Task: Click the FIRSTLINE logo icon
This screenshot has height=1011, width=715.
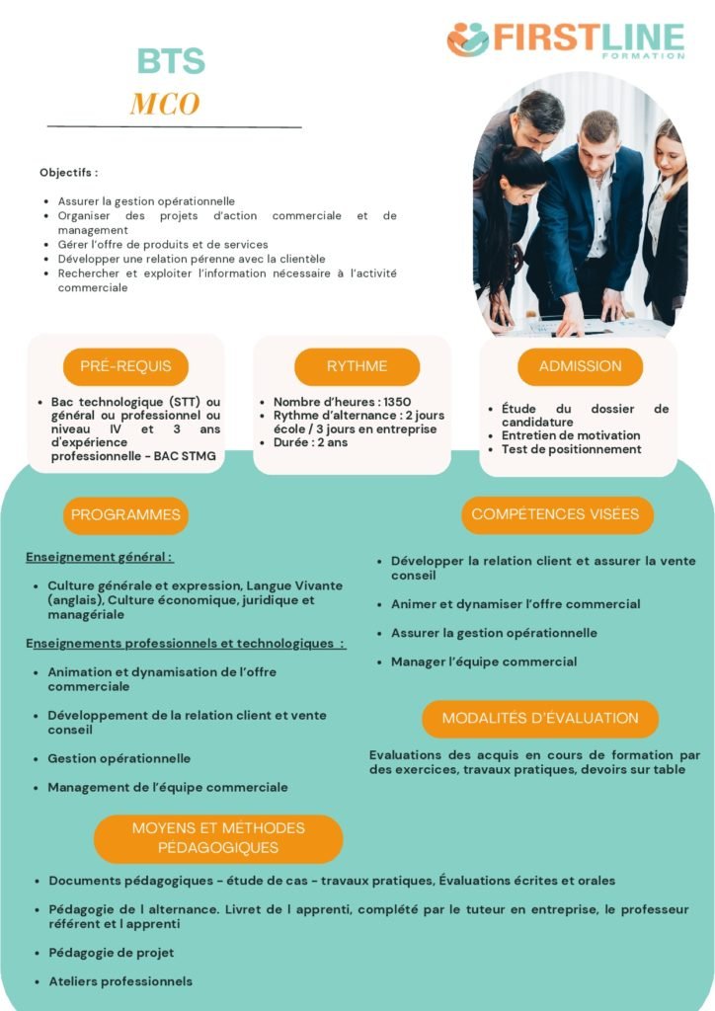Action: (x=468, y=39)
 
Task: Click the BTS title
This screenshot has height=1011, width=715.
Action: (x=171, y=61)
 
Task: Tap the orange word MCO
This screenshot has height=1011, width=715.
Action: (x=165, y=104)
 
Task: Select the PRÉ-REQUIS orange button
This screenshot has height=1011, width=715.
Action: (x=125, y=366)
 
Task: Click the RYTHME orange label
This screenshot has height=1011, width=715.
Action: (x=357, y=366)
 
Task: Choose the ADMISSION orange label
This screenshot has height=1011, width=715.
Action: (x=580, y=366)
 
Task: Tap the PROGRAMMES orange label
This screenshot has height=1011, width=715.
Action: (x=125, y=514)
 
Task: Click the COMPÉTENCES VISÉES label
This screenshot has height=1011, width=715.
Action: (x=555, y=514)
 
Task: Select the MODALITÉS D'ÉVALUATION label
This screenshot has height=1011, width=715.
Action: (x=539, y=718)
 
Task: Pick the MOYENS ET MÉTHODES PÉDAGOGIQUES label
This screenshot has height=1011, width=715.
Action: (x=218, y=837)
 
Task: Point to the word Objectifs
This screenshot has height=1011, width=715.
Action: (x=68, y=173)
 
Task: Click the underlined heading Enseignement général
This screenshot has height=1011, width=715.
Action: (x=99, y=557)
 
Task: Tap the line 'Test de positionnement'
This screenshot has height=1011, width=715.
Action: (x=572, y=449)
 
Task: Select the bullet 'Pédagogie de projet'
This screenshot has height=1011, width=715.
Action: (x=111, y=953)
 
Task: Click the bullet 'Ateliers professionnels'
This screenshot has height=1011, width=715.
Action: (x=120, y=981)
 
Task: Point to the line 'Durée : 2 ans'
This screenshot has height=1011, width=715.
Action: (x=310, y=443)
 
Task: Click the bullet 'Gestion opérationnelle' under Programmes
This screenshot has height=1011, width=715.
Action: (x=119, y=758)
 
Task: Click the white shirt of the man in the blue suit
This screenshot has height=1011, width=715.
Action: (x=599, y=212)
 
